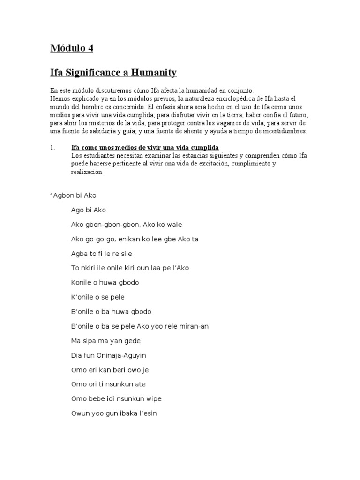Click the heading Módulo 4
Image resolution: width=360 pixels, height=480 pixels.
(x=75, y=48)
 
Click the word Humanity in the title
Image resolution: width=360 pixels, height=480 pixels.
(x=153, y=73)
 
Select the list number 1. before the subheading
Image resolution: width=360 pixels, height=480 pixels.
(x=52, y=148)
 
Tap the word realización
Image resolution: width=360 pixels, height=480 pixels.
(x=87, y=172)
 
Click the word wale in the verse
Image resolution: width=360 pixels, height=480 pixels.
(x=174, y=225)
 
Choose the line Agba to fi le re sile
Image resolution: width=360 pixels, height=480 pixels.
(x=102, y=254)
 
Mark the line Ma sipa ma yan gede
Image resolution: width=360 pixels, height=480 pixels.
(x=106, y=341)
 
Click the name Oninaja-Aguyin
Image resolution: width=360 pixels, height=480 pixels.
(x=122, y=355)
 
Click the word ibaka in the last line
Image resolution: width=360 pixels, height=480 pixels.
(x=127, y=413)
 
